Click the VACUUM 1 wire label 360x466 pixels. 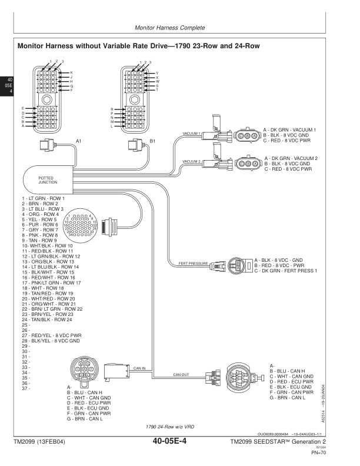click(x=192, y=133)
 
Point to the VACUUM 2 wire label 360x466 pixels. click(x=192, y=161)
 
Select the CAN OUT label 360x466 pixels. click(x=181, y=374)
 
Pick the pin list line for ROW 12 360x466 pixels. click(x=51, y=257)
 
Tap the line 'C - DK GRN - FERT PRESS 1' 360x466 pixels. click(x=286, y=270)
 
